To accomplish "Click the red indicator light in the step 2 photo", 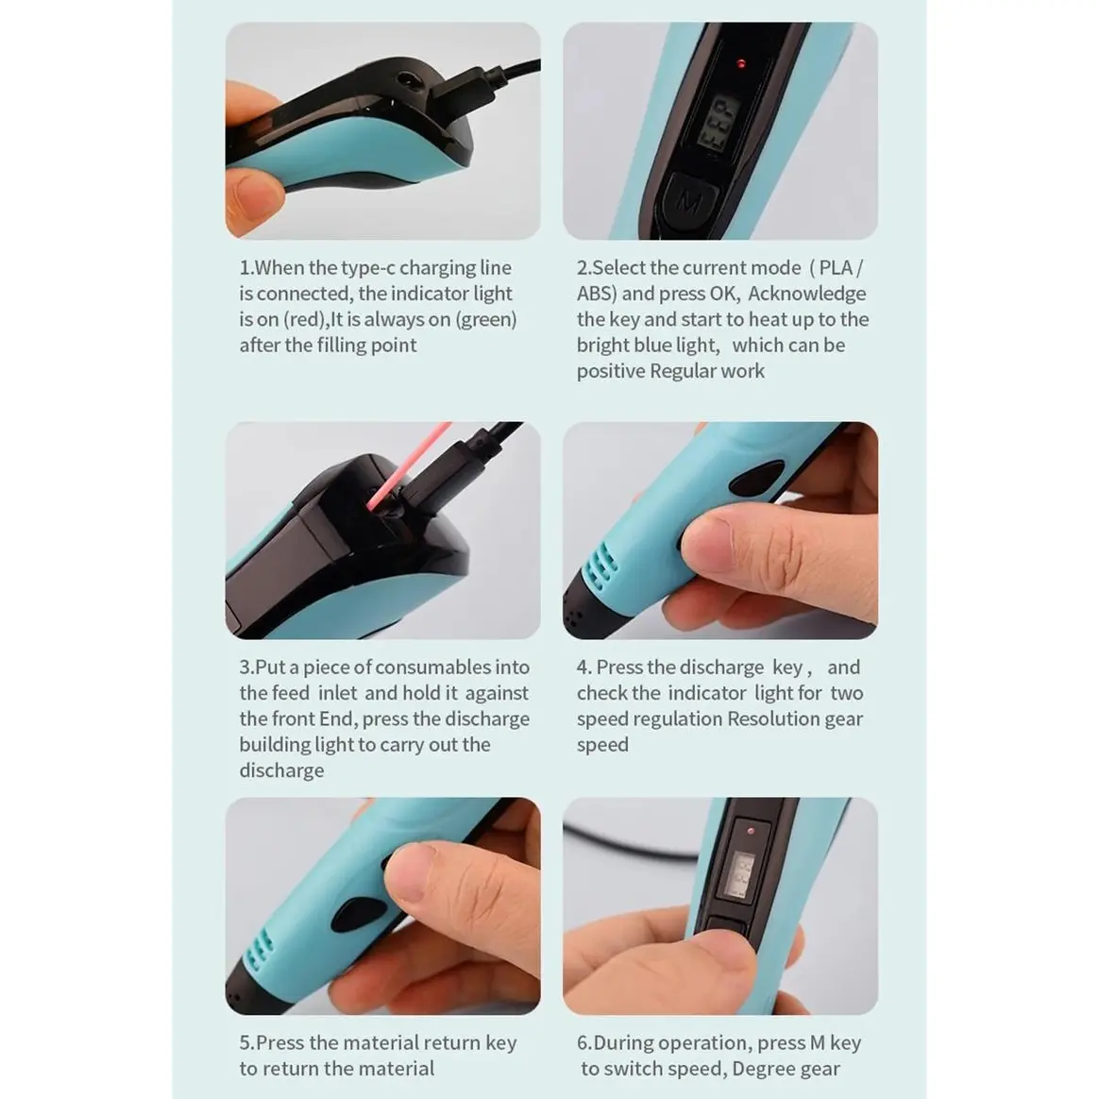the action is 741,64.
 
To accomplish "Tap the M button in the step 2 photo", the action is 690,203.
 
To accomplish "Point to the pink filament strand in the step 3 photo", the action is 408,465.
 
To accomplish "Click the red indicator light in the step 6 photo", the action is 751,831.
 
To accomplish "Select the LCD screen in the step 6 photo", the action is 739,874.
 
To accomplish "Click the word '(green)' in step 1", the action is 485,320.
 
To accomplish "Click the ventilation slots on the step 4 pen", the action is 600,565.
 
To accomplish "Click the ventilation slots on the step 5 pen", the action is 258,952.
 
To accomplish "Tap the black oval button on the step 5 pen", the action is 359,916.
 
